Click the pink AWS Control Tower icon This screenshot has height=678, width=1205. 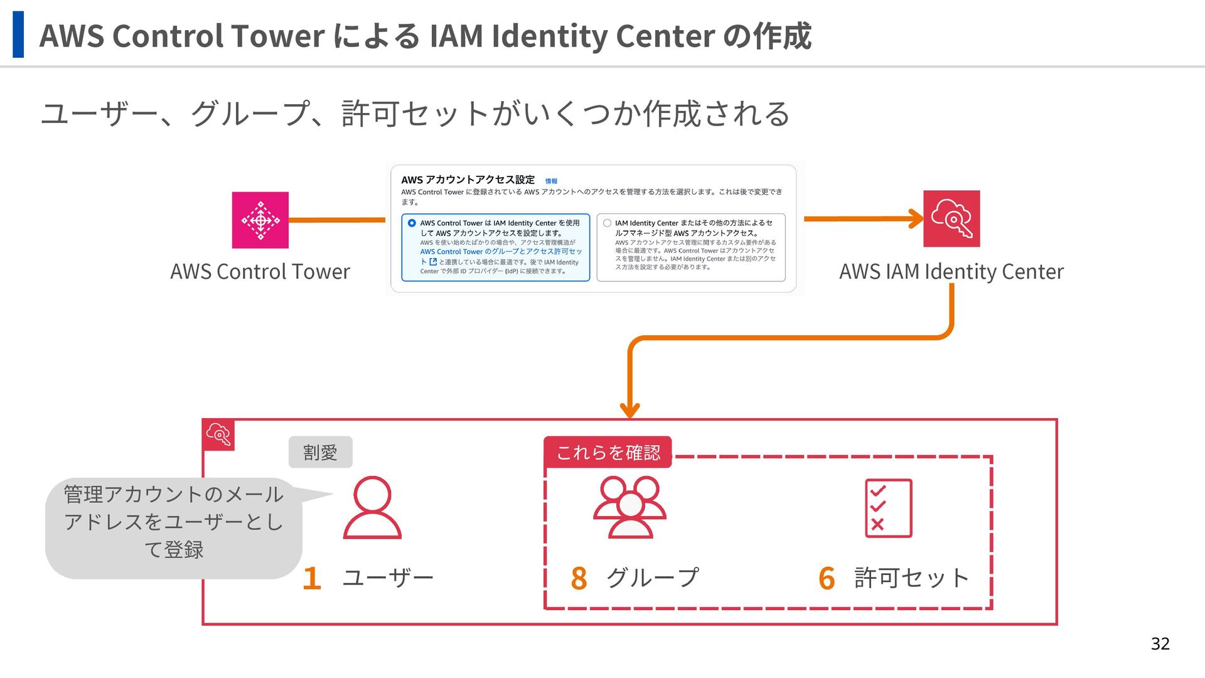click(x=260, y=220)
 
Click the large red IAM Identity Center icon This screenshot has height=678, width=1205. click(x=951, y=218)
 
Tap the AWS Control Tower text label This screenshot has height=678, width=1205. click(x=260, y=271)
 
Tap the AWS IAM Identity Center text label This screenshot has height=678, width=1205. click(x=951, y=271)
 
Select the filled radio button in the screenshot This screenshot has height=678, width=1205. click(x=412, y=223)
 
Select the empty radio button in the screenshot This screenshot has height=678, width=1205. click(x=607, y=223)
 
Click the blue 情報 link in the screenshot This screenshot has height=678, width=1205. click(x=551, y=181)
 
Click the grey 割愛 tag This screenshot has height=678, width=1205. click(x=320, y=452)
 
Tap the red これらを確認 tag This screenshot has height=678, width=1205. click(x=608, y=452)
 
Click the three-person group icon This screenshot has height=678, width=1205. click(x=629, y=507)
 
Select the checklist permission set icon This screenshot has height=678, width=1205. click(x=888, y=508)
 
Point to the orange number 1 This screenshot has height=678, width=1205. click(x=312, y=578)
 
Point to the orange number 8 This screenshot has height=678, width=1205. click(x=579, y=578)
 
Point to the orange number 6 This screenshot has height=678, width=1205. click(x=827, y=578)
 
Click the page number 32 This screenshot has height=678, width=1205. click(x=1160, y=643)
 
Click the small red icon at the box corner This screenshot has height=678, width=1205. click(x=218, y=434)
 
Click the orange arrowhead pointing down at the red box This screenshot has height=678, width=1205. click(x=629, y=410)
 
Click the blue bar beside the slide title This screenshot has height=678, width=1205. click(x=18, y=35)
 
